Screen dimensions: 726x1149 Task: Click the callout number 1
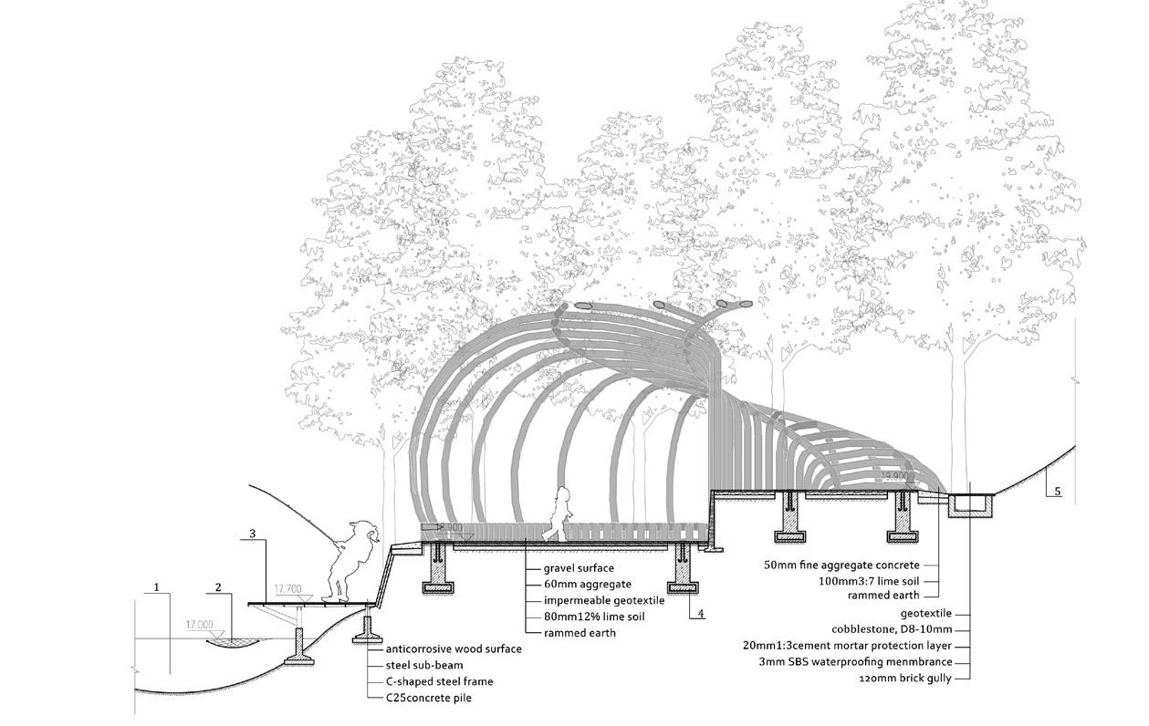pyautogui.click(x=157, y=587)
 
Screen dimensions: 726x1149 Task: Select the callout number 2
pyautogui.click(x=219, y=587)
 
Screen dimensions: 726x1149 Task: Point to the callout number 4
pyautogui.click(x=700, y=614)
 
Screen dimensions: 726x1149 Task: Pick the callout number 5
pyautogui.click(x=1057, y=492)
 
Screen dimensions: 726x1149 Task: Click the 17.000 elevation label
pyautogui.click(x=200, y=626)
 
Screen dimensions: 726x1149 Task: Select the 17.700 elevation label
pyautogui.click(x=287, y=589)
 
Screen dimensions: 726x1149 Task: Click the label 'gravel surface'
pyautogui.click(x=579, y=567)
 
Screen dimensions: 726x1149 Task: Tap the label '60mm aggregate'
pyautogui.click(x=587, y=584)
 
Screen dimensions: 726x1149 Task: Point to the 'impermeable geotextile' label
pyautogui.click(x=604, y=600)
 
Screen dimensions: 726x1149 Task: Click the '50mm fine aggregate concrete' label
pyautogui.click(x=841, y=565)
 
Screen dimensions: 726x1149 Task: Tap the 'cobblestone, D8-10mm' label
pyautogui.click(x=892, y=629)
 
